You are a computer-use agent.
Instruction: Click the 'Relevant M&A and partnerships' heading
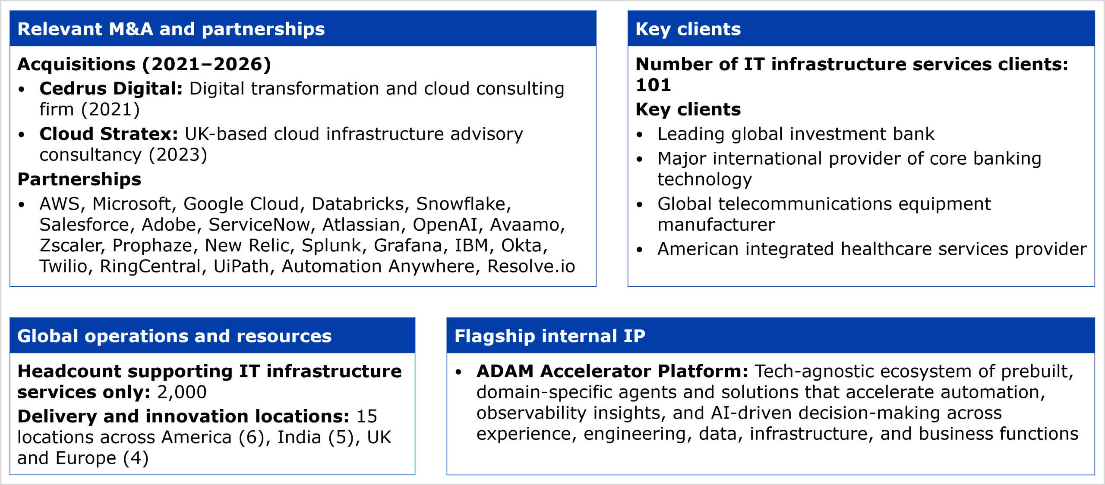(x=171, y=29)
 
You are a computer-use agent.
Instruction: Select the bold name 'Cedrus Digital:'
(x=111, y=88)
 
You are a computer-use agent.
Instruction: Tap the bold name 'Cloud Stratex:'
(x=109, y=134)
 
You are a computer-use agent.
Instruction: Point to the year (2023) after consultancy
(x=178, y=155)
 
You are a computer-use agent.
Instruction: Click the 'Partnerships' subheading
(x=79, y=179)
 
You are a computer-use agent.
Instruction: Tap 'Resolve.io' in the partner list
(x=531, y=266)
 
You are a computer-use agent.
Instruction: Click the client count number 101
(x=653, y=85)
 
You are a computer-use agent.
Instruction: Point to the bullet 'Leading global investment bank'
(x=796, y=134)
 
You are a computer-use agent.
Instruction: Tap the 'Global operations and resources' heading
(x=174, y=336)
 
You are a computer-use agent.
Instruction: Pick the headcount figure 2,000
(x=182, y=392)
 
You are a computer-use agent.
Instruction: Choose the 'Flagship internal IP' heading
(x=550, y=336)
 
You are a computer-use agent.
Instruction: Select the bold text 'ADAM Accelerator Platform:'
(x=612, y=371)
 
